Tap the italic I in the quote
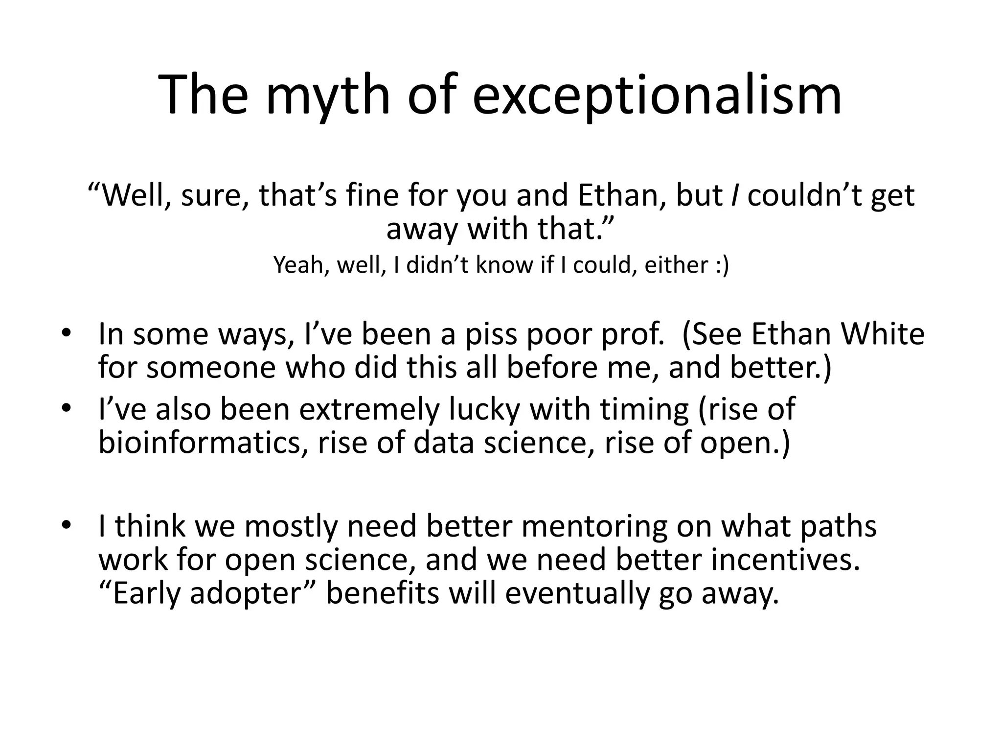click(x=734, y=196)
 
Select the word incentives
click(x=785, y=560)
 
